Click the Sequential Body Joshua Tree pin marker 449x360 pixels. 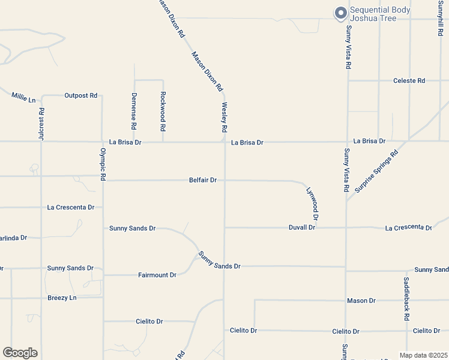[x=340, y=13]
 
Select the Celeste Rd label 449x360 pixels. [x=409, y=80]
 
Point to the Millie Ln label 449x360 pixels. [x=23, y=97]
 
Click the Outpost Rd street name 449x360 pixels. [x=80, y=95]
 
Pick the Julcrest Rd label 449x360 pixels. [x=41, y=124]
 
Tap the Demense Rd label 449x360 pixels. [x=134, y=112]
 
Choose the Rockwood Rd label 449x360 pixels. [x=163, y=112]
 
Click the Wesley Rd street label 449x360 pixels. [x=224, y=118]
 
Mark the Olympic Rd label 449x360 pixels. [x=103, y=164]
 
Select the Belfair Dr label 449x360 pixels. [x=203, y=180]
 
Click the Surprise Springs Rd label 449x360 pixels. [x=376, y=171]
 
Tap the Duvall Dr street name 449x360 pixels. [x=302, y=227]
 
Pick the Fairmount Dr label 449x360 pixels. [x=157, y=275]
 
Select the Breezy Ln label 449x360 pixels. [x=62, y=298]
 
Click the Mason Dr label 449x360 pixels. [x=361, y=300]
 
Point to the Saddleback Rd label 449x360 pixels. [x=406, y=298]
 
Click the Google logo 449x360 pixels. [x=20, y=353]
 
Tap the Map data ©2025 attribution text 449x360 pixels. [x=423, y=355]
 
